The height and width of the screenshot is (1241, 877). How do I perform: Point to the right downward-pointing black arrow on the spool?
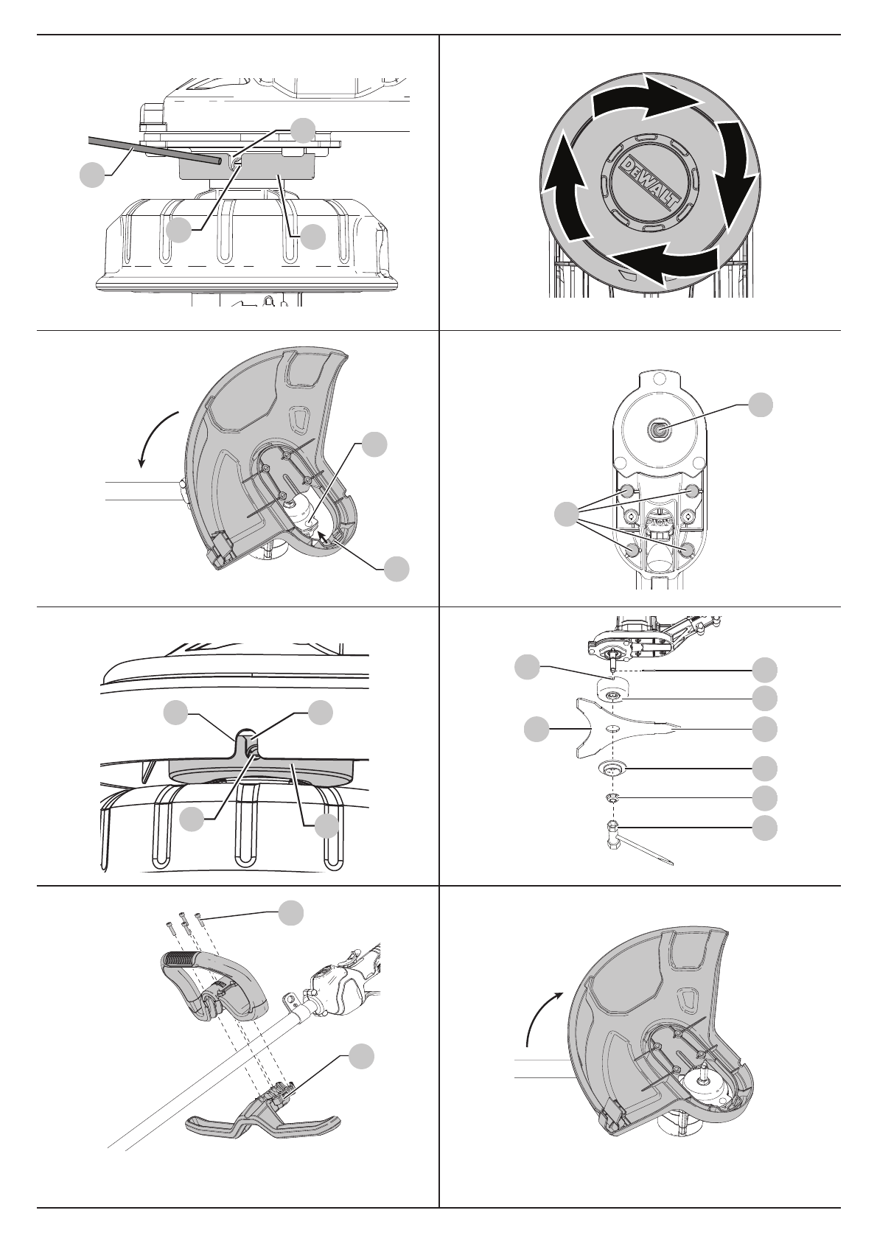click(x=737, y=177)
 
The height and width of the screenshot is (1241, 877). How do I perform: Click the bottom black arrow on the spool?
click(x=663, y=265)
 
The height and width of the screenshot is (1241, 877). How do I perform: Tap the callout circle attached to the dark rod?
click(x=91, y=175)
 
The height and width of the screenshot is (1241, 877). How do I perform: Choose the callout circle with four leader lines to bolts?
click(x=566, y=514)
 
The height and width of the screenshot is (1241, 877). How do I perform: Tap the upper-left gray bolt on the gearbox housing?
click(x=625, y=491)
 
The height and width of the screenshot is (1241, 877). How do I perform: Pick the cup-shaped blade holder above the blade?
click(x=611, y=693)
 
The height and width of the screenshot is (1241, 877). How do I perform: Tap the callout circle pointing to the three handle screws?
click(x=290, y=912)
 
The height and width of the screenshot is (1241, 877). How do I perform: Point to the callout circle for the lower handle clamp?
click(x=360, y=1057)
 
